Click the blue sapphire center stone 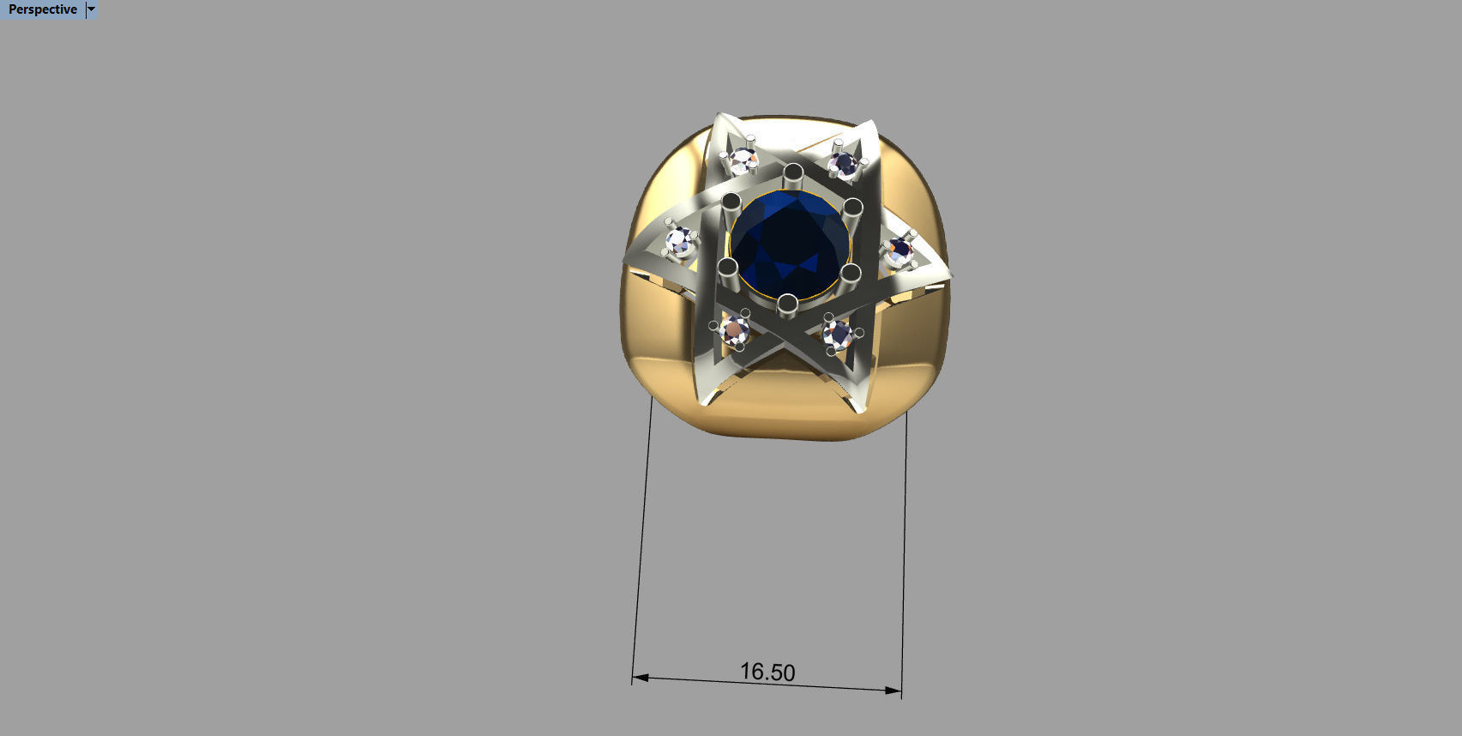789,244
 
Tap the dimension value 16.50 767,672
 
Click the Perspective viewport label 42,9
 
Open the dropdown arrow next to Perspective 92,9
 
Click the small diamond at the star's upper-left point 743,160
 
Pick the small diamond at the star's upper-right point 845,163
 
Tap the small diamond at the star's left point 682,241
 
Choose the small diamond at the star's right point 899,251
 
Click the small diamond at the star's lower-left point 736,329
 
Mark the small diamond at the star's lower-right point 837,333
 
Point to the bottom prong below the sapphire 787,303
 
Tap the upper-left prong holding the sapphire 731,203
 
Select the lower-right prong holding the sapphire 850,274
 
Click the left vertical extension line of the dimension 643,540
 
